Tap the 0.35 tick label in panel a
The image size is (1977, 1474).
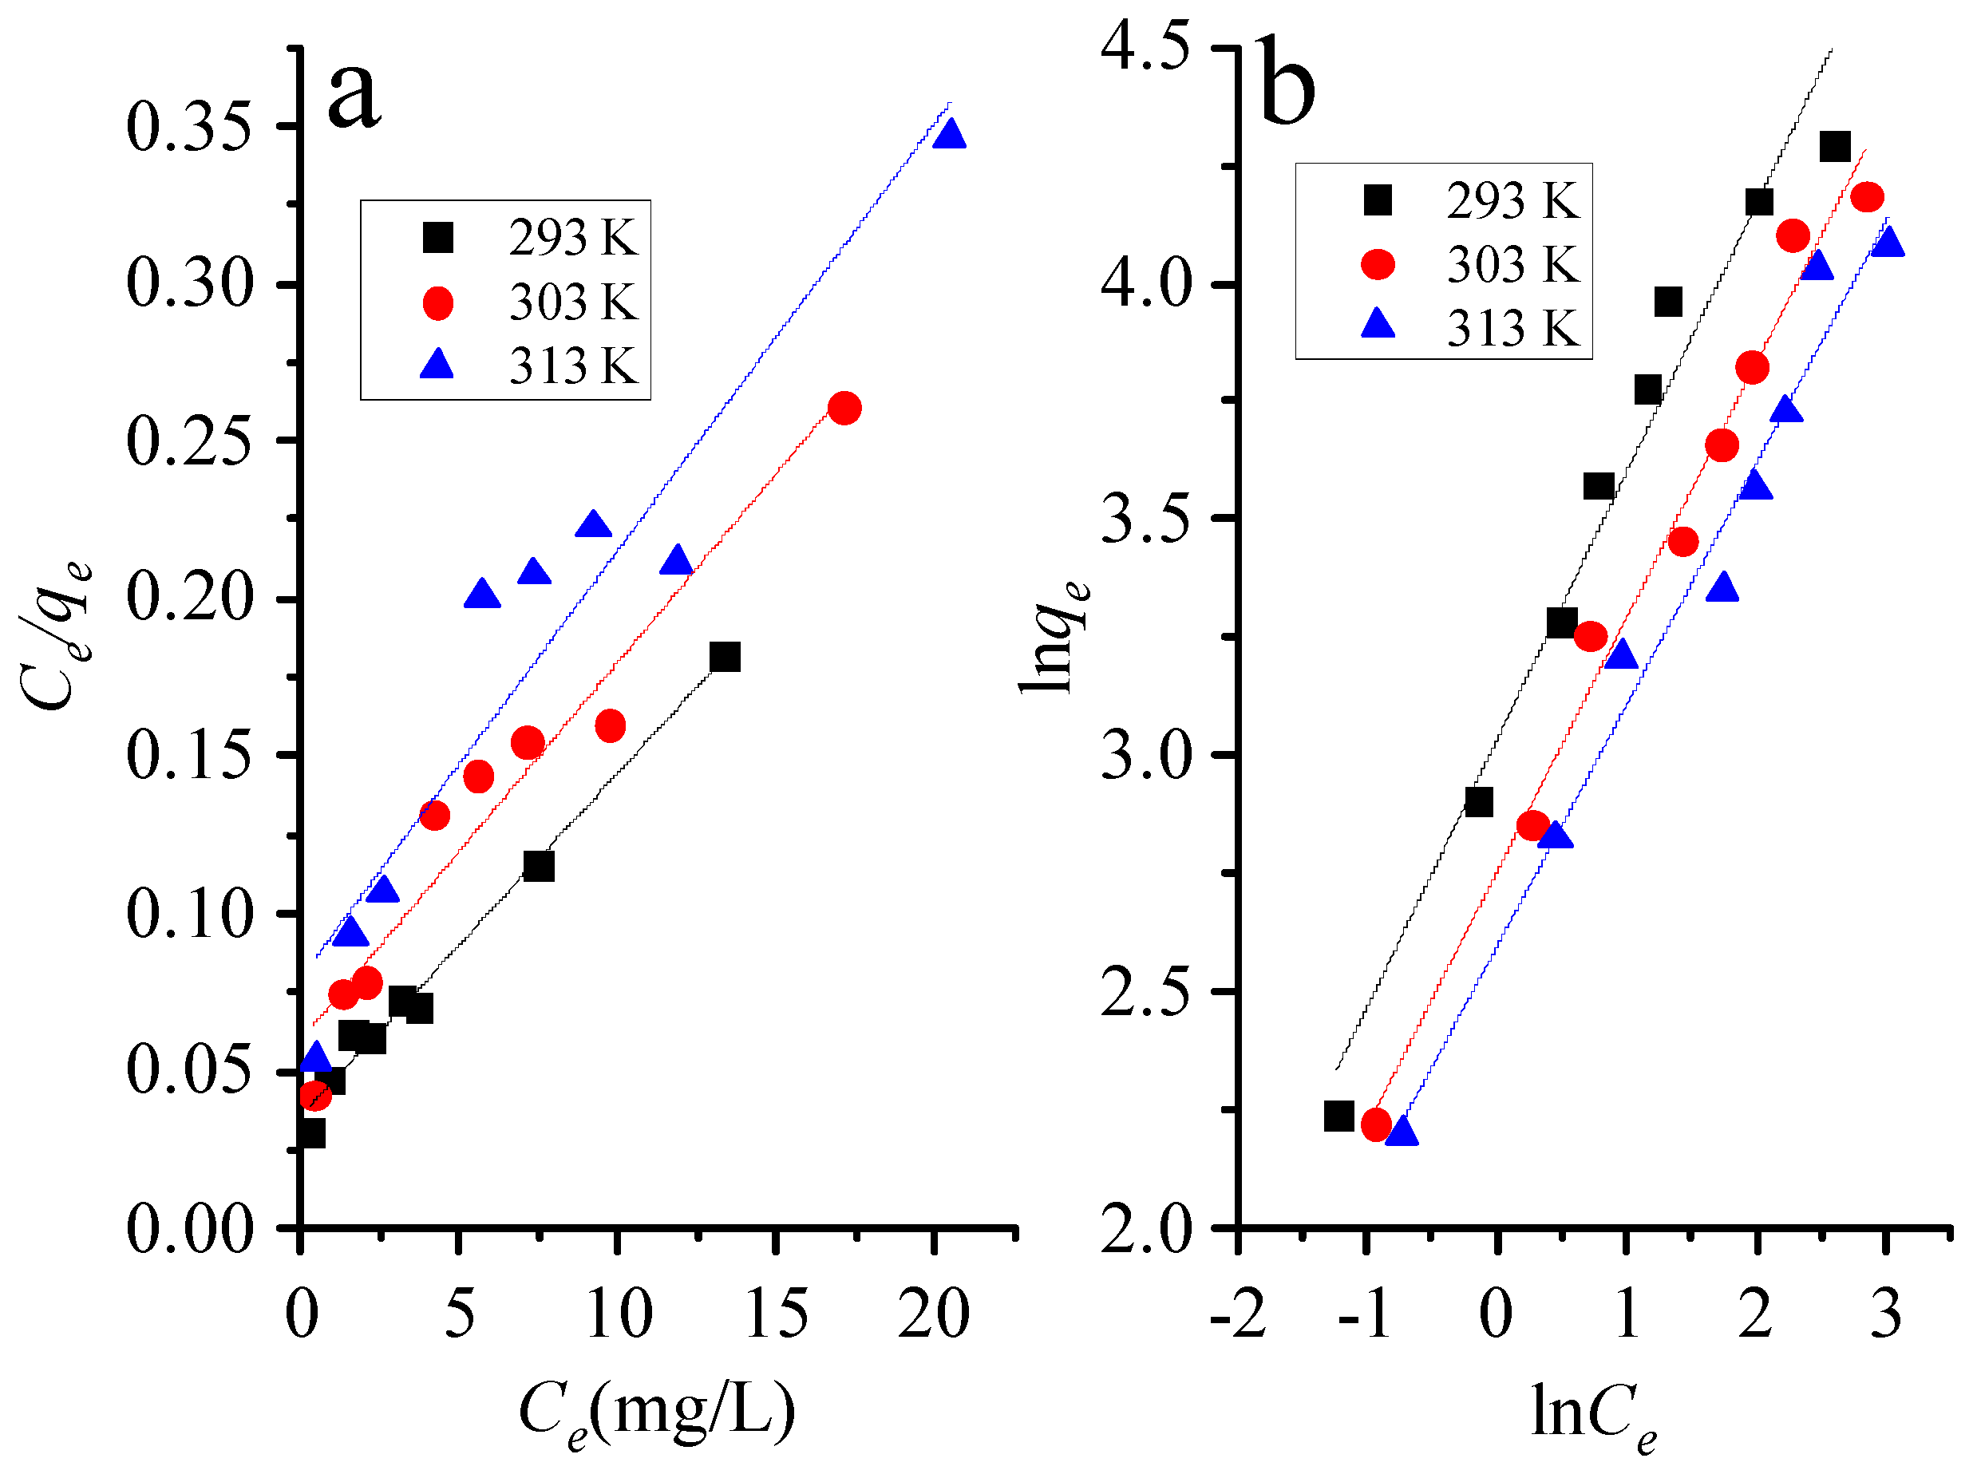click(x=189, y=127)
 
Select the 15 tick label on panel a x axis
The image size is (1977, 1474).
click(x=775, y=1314)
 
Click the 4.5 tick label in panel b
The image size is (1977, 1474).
click(x=1145, y=46)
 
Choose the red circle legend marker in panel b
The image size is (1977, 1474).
click(x=1378, y=264)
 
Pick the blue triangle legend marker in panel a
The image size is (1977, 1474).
click(x=437, y=365)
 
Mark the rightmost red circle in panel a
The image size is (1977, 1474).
click(x=844, y=409)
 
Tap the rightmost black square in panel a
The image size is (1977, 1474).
click(x=725, y=658)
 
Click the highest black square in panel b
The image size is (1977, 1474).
click(x=1834, y=146)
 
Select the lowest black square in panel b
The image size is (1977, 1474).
click(x=1338, y=1116)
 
